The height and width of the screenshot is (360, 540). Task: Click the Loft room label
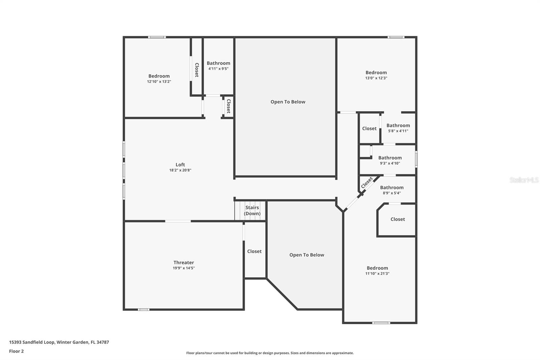(x=180, y=165)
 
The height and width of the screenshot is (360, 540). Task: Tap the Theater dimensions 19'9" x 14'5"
(x=184, y=268)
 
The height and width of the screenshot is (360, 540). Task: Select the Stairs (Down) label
(x=252, y=210)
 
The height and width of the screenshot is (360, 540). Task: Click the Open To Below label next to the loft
(x=288, y=102)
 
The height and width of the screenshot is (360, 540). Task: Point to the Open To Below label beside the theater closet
(x=306, y=255)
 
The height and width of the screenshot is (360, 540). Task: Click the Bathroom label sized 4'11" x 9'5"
(x=218, y=63)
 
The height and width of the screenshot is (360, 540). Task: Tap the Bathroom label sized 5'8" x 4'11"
(x=398, y=125)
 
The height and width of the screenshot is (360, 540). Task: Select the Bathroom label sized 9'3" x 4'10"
(x=390, y=158)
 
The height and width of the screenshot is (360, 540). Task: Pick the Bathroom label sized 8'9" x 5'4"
(x=391, y=187)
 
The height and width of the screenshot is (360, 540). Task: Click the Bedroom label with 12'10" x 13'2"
(x=159, y=76)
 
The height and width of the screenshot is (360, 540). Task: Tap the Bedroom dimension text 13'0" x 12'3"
(x=376, y=78)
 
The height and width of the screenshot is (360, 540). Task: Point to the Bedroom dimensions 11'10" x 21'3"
(x=377, y=274)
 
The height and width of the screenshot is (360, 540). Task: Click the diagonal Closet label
(x=367, y=183)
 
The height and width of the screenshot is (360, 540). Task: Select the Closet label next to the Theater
(x=254, y=251)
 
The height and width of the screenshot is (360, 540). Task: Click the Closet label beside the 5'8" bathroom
(x=369, y=129)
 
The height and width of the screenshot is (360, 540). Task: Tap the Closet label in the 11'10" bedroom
(x=398, y=219)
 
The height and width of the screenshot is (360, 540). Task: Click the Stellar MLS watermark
(x=524, y=180)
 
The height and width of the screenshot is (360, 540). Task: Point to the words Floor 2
(x=16, y=351)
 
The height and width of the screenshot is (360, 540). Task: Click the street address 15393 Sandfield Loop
(x=32, y=342)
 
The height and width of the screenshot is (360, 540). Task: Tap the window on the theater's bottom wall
(x=143, y=309)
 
